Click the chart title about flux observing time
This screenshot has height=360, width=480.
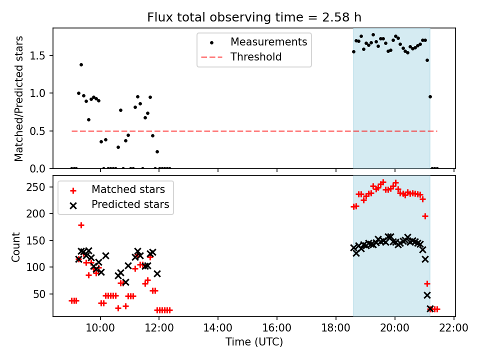[254, 17]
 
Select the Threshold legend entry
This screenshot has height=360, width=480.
[255, 57]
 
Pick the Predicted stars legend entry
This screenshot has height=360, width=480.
[130, 204]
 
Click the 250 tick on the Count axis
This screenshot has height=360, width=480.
[40, 187]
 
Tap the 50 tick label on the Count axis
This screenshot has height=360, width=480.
[42, 294]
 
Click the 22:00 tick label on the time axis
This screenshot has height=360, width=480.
[454, 328]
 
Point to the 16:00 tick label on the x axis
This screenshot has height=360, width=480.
[277, 328]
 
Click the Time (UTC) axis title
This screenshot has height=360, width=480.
[254, 342]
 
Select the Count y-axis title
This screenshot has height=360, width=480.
[16, 246]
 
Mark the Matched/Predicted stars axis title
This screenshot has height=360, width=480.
[19, 98]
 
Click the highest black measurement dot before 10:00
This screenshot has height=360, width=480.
[81, 64]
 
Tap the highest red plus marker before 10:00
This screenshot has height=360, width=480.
[81, 225]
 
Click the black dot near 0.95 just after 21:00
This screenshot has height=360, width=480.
[430, 96]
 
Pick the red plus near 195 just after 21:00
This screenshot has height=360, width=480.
[425, 216]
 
